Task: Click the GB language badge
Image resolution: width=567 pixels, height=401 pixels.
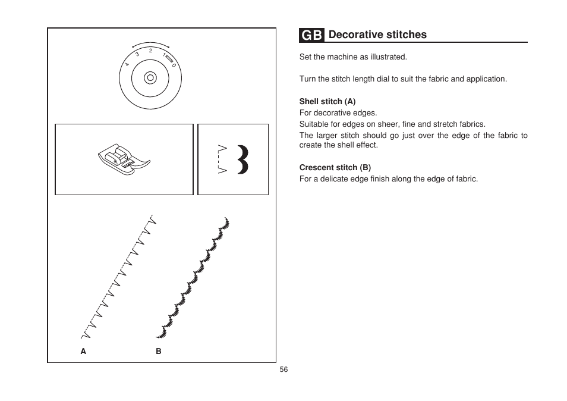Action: [311, 35]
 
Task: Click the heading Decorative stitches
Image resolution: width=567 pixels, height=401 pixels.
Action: [377, 35]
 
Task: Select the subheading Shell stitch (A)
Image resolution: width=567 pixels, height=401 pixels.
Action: [327, 102]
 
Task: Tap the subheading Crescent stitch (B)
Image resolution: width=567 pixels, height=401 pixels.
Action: [335, 168]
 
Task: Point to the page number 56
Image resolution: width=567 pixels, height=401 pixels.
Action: [283, 369]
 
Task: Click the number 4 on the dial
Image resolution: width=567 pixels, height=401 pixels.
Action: [127, 64]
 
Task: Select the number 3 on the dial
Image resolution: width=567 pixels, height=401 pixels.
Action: [137, 54]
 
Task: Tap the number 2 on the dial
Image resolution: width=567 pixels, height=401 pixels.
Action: [151, 51]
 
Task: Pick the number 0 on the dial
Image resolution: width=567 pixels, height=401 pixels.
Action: [174, 64]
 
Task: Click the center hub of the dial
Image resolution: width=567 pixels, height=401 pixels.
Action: [150, 77]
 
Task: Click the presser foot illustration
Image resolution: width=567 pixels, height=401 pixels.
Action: [124, 159]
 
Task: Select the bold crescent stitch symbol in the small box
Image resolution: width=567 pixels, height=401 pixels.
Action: [242, 159]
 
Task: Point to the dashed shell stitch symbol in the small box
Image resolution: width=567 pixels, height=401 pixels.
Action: [222, 159]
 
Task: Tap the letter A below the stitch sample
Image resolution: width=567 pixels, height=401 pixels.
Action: [84, 352]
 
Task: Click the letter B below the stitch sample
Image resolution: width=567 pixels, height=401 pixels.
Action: [159, 352]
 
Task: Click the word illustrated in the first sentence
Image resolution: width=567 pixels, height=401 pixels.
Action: [389, 57]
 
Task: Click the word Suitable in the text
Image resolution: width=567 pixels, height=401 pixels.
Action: [314, 124]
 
